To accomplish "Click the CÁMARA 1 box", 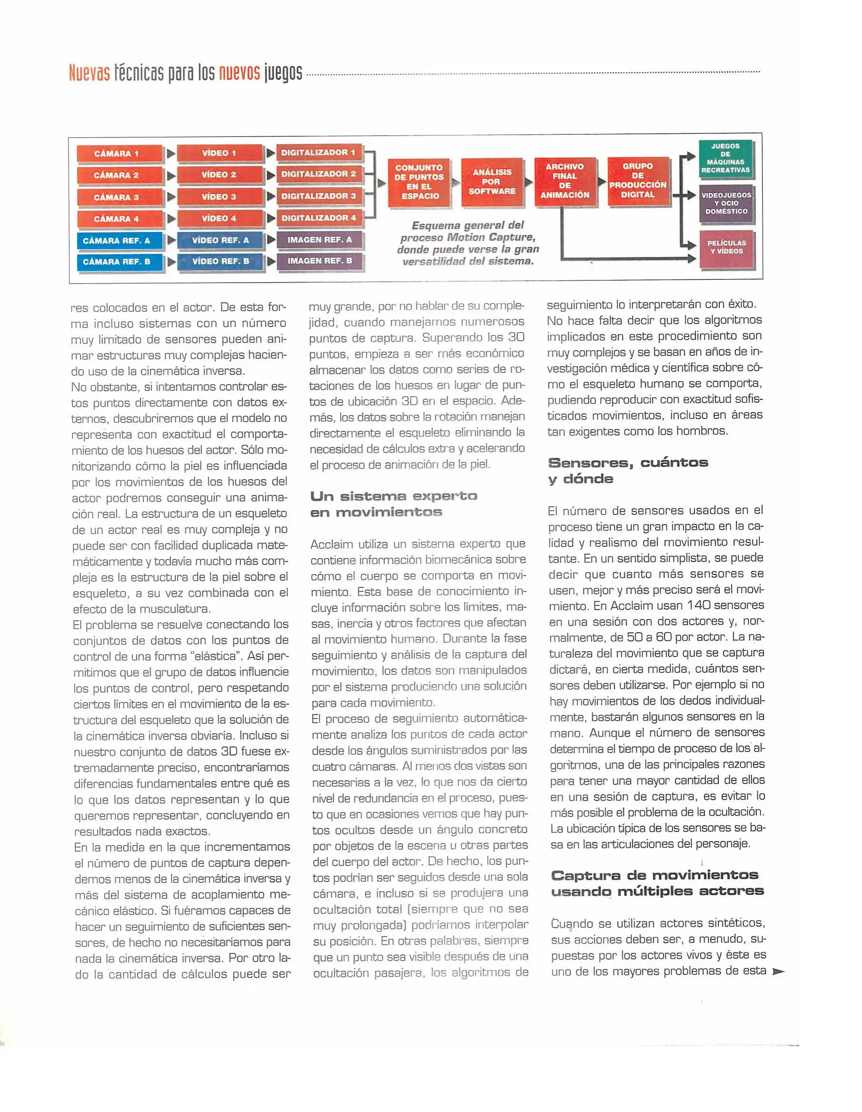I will [x=119, y=153].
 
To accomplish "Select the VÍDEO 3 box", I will [x=219, y=197].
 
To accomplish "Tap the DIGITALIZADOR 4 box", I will [x=319, y=218].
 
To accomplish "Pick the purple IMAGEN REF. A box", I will [x=319, y=239].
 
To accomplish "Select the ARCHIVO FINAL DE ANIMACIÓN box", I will [x=565, y=181].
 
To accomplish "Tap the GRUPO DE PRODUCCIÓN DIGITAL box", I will [x=638, y=181].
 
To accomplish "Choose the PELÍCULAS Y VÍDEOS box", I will [x=726, y=248].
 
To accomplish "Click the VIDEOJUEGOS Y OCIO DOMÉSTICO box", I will [x=726, y=203].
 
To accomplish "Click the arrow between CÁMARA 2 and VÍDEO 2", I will [x=171, y=176].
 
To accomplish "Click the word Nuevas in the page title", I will [x=89, y=74].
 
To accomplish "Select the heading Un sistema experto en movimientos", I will [x=394, y=504].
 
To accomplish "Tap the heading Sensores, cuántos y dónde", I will [x=628, y=471].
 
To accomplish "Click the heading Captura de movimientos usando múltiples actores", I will [x=657, y=883].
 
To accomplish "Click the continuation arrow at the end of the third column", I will [x=778, y=971].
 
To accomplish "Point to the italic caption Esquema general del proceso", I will [x=468, y=243].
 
